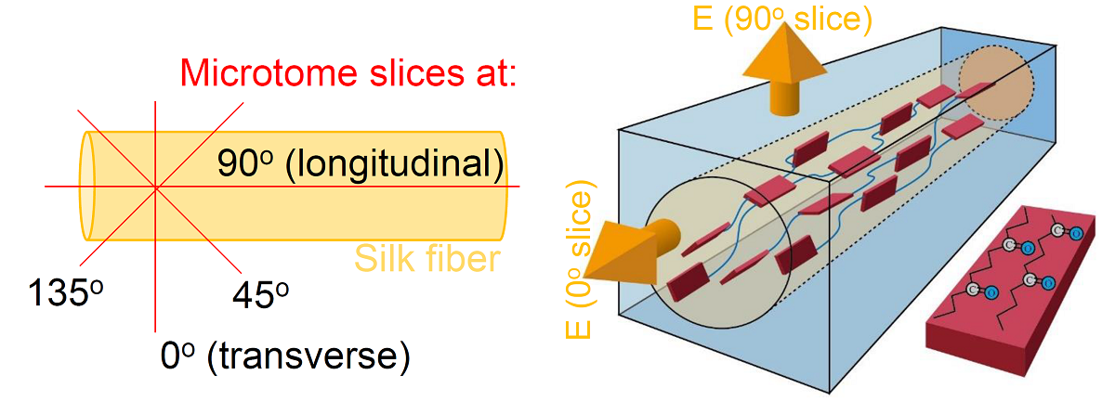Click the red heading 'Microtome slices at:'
(348, 72)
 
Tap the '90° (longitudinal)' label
(361, 164)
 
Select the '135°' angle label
(63, 293)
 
